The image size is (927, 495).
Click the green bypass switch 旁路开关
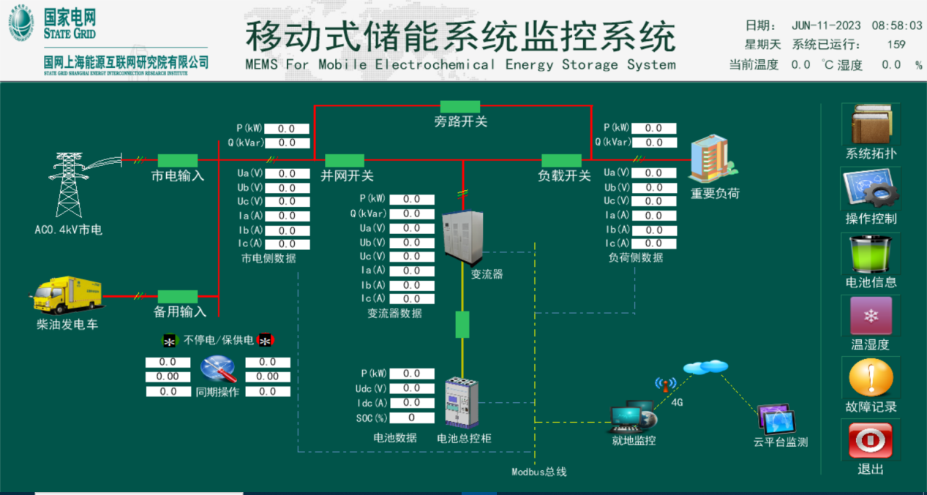pyautogui.click(x=459, y=107)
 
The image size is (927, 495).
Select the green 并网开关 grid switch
pyautogui.click(x=345, y=160)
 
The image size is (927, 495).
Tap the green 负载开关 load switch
pyautogui.click(x=561, y=160)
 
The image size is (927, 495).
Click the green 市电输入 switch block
pyautogui.click(x=178, y=160)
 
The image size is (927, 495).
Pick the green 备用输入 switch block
pyautogui.click(x=178, y=296)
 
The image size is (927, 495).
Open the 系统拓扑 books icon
pyautogui.click(x=871, y=124)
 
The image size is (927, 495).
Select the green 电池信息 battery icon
pyautogui.click(x=871, y=253)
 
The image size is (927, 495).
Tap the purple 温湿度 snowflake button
pyautogui.click(x=871, y=316)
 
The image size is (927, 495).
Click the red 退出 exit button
pyautogui.click(x=871, y=441)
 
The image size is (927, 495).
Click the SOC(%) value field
pyautogui.click(x=411, y=417)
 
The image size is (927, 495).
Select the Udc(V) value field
pyautogui.click(x=411, y=388)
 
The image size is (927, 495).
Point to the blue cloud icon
pyautogui.click(x=706, y=366)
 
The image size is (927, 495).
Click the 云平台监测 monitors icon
pyautogui.click(x=776, y=420)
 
